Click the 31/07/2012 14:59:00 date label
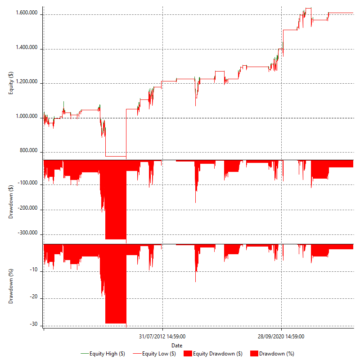[162, 336]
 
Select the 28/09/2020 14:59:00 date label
[281, 336]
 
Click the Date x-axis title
[177, 345]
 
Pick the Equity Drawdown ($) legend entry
[214, 354]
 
